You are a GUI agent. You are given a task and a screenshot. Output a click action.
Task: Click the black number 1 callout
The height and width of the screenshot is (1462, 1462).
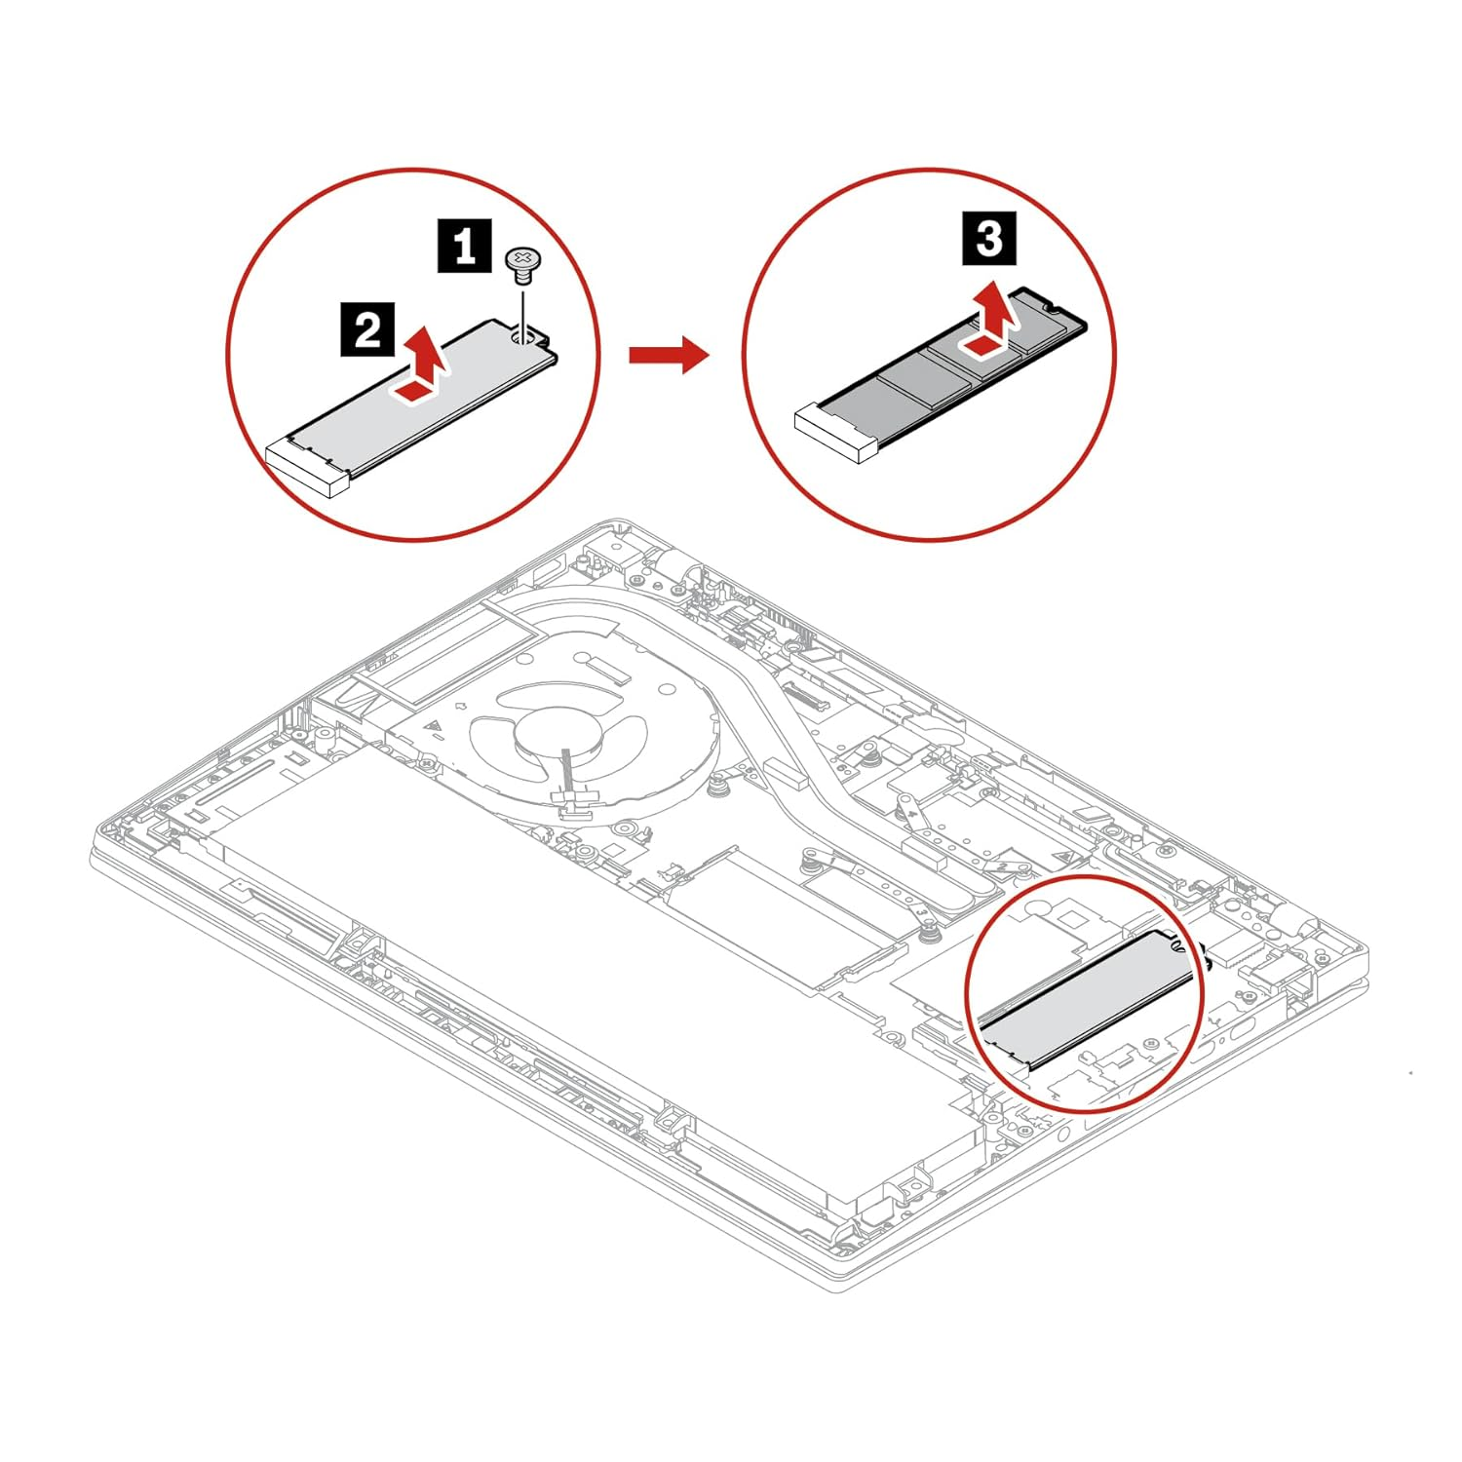[464, 246]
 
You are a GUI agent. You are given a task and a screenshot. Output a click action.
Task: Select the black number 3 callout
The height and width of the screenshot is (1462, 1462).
[988, 238]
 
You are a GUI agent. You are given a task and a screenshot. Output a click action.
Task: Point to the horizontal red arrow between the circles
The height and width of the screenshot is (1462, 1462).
[667, 354]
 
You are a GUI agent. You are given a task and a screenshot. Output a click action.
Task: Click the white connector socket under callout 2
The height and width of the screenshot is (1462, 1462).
[307, 467]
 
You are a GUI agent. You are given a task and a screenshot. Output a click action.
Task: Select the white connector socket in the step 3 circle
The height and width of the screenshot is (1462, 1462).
[836, 432]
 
